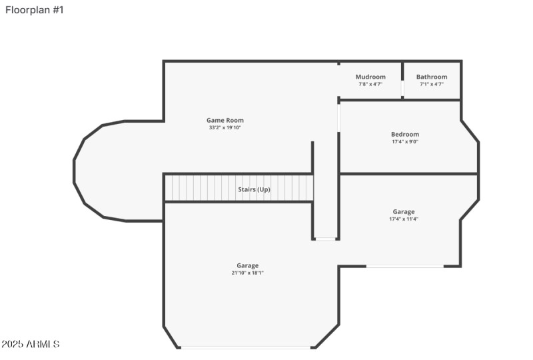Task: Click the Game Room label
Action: click(x=225, y=121)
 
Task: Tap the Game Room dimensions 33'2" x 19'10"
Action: click(x=225, y=127)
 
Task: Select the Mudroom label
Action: click(x=370, y=77)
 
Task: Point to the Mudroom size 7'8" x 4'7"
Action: click(x=370, y=84)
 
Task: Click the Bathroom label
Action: click(x=432, y=77)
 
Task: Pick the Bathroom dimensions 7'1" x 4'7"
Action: click(x=432, y=84)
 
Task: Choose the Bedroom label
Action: click(x=405, y=134)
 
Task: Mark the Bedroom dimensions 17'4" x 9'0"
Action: click(x=405, y=141)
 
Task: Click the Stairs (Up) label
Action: click(x=254, y=189)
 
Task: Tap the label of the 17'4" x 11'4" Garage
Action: click(x=404, y=211)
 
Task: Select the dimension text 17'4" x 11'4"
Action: click(x=404, y=219)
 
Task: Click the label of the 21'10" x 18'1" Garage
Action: click(x=247, y=265)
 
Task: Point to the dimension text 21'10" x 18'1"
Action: click(x=247, y=273)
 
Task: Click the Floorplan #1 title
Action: click(x=35, y=10)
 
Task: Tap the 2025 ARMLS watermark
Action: click(x=31, y=344)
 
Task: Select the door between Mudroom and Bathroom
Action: click(x=402, y=89)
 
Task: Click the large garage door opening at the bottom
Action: click(x=247, y=347)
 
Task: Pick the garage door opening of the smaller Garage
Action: click(x=404, y=267)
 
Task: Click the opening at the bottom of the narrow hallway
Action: click(x=326, y=239)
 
